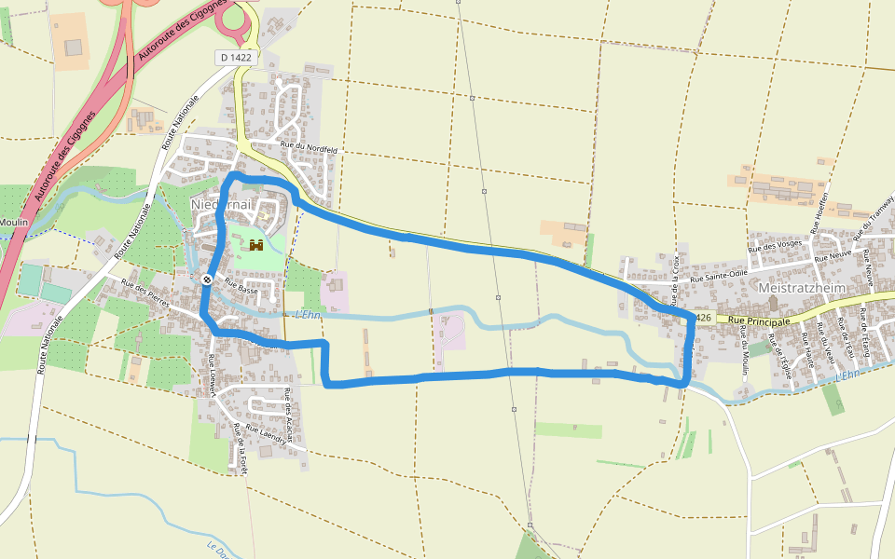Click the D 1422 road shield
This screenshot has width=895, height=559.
coord(234,58)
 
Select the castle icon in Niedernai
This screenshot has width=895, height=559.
coord(255,245)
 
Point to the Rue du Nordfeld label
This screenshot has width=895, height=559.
coord(309,148)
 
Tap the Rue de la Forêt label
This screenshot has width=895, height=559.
coord(241,449)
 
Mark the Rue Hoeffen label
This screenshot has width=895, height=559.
coord(820,217)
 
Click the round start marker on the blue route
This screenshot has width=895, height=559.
coord(206,279)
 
